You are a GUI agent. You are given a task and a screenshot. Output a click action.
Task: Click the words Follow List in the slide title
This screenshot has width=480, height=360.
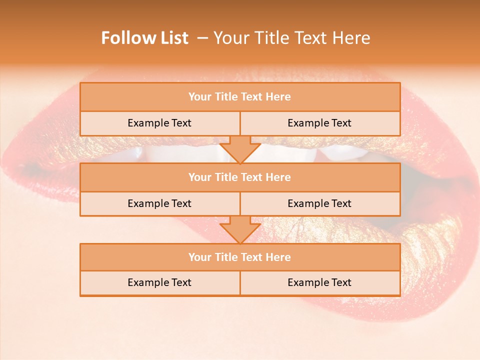(144, 38)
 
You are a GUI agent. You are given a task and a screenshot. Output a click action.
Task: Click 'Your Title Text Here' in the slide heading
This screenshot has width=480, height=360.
(291, 38)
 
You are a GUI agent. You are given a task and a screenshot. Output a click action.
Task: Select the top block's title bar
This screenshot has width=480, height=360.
(240, 97)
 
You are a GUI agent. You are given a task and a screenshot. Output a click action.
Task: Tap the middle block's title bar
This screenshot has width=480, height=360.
(240, 177)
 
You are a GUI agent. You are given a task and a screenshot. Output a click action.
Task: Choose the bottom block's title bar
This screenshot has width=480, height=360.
(240, 257)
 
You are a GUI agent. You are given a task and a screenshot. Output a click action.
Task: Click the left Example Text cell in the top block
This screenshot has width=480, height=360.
(159, 123)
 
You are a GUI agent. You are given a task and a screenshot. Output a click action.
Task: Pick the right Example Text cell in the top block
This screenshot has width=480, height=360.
(319, 123)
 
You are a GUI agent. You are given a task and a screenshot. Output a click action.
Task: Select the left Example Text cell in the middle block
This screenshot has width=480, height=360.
(159, 203)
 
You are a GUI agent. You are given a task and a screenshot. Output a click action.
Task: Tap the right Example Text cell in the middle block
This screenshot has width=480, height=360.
(319, 203)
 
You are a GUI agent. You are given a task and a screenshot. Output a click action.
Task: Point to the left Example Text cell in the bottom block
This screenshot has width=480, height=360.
(159, 282)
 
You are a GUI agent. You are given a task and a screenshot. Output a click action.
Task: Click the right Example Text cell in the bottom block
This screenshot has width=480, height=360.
(319, 282)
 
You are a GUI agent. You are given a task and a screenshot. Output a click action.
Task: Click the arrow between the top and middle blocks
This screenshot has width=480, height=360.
(240, 149)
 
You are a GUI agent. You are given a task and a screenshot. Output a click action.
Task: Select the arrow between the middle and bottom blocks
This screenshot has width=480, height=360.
(240, 229)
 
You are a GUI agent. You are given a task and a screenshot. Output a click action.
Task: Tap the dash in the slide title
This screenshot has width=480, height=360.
(202, 38)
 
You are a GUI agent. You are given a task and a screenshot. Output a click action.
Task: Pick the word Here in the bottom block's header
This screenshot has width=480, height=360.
(278, 257)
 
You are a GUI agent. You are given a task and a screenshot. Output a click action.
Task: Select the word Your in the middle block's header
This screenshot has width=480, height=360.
(200, 177)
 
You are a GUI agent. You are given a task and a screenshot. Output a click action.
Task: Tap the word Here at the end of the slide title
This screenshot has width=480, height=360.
(353, 38)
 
